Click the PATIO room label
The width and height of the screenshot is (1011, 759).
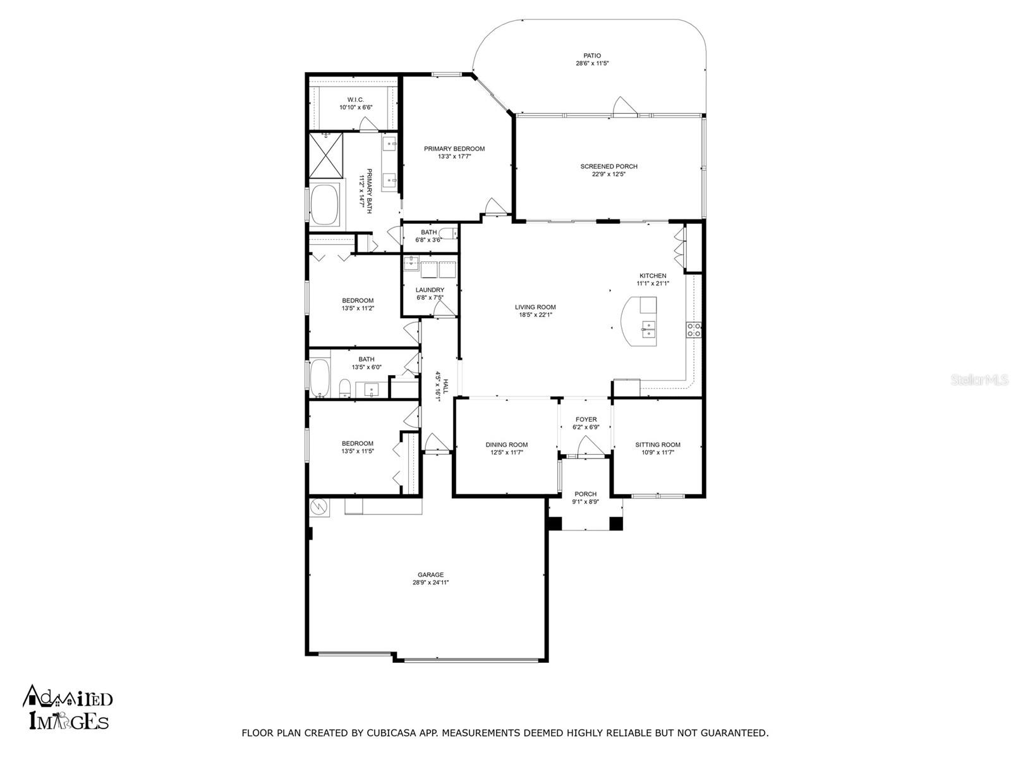pos(592,56)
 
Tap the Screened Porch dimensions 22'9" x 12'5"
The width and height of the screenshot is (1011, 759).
pos(608,174)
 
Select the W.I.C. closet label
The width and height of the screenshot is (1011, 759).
pos(355,100)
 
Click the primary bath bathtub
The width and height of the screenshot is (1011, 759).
pos(324,205)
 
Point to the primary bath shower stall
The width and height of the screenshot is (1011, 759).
pos(325,156)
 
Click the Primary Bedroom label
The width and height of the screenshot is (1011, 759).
pos(454,149)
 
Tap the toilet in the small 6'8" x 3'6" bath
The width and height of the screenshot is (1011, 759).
pos(448,233)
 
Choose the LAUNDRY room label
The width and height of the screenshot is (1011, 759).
pos(430,290)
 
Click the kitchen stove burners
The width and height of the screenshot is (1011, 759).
pos(694,330)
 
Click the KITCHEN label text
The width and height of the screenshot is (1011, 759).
pos(653,276)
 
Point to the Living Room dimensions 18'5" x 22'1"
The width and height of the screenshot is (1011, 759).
pos(535,315)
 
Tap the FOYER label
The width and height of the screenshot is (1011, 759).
pos(586,419)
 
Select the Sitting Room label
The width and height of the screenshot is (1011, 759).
pos(657,445)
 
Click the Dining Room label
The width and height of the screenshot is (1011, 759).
pos(506,445)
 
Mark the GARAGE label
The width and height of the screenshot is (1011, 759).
pos(431,575)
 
